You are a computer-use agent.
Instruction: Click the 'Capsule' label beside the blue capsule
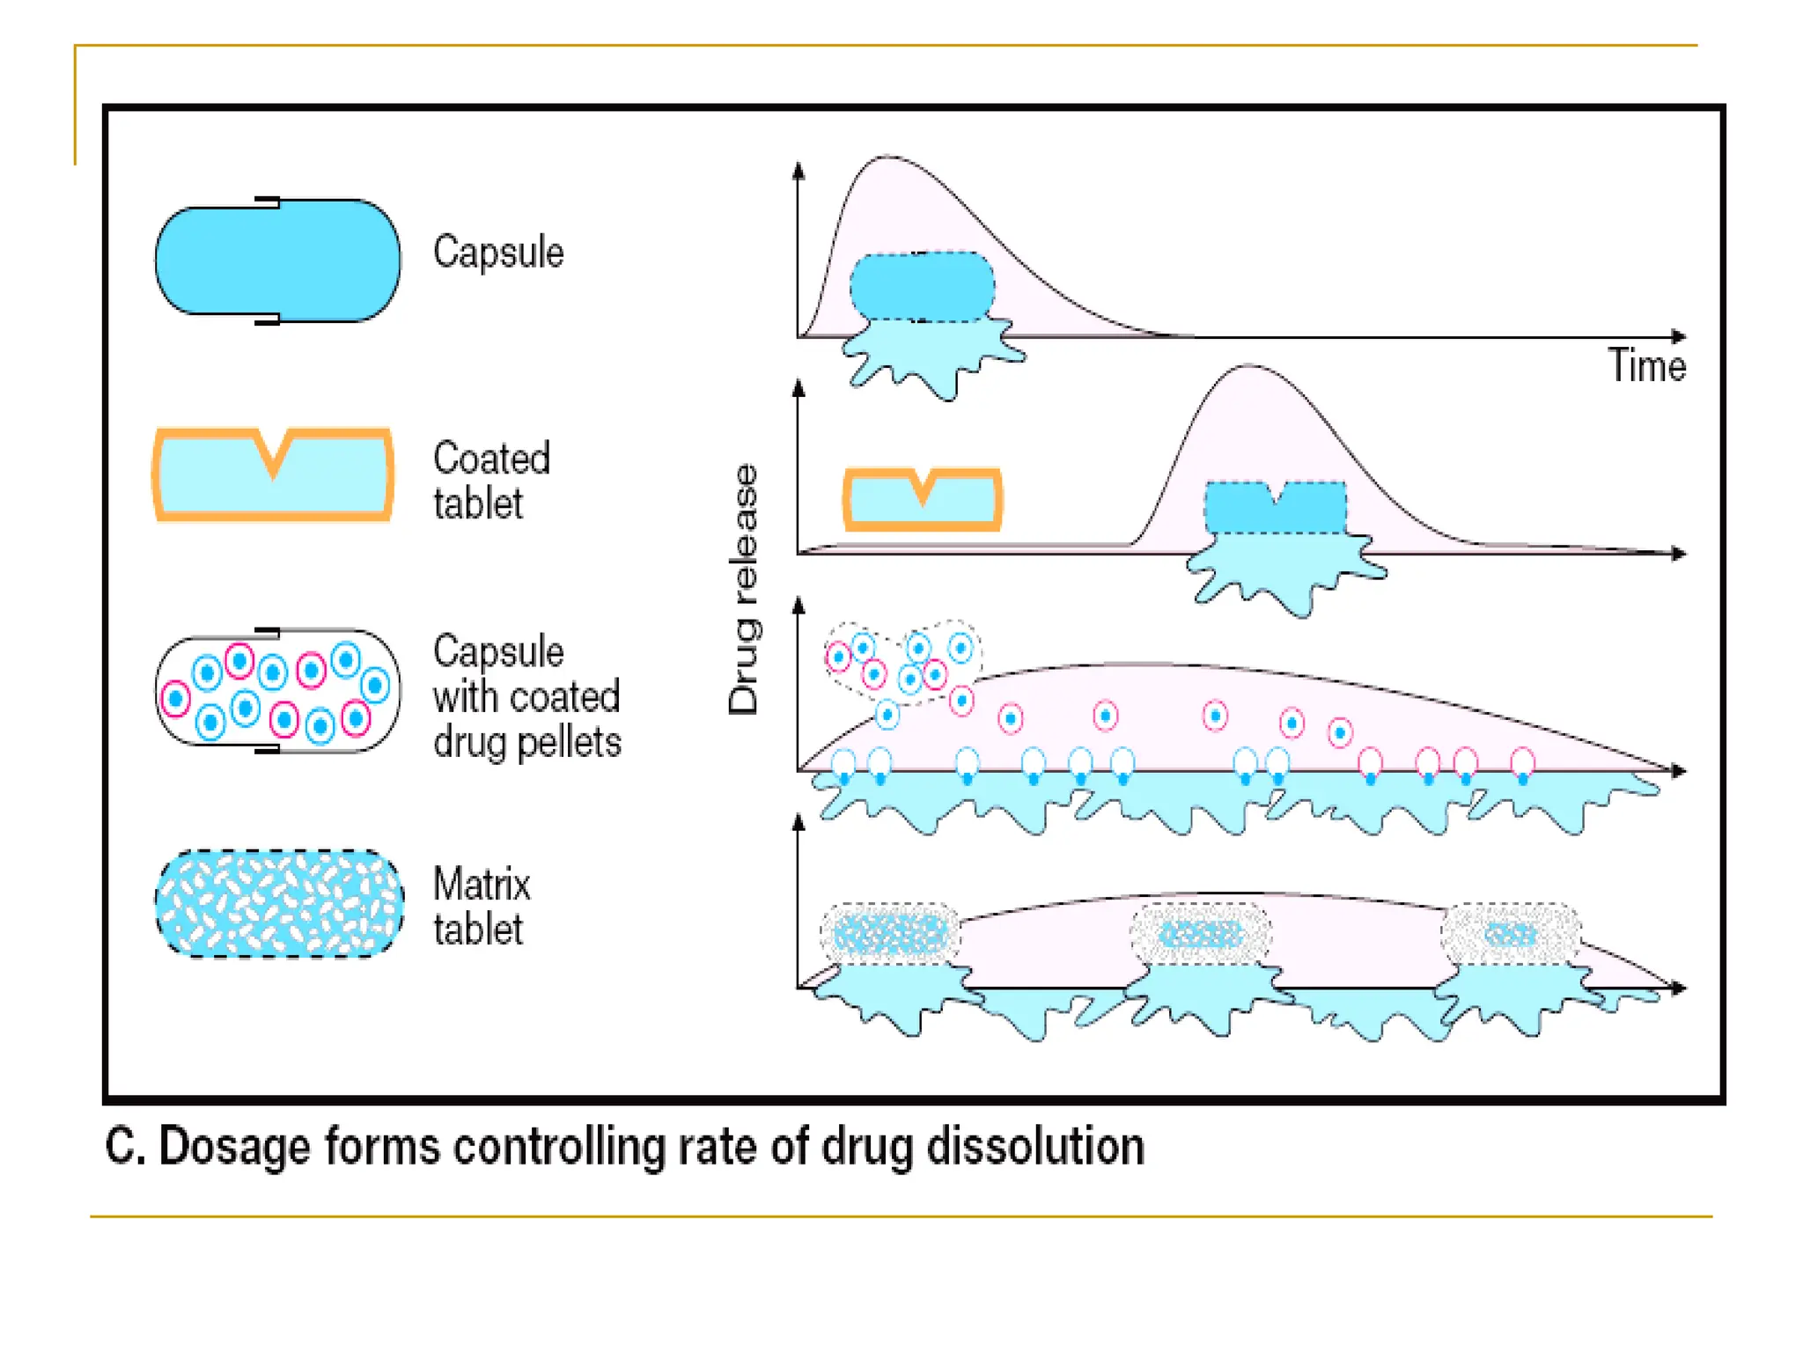point(498,253)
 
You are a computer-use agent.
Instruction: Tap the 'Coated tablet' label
point(491,481)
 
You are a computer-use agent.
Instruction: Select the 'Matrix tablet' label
point(482,907)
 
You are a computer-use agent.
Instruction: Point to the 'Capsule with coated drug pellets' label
point(526,696)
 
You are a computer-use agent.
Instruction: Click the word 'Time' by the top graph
point(1646,365)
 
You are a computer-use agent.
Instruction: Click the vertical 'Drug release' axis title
point(744,589)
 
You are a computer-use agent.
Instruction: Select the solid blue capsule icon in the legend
point(277,261)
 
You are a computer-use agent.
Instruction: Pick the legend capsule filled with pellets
point(277,692)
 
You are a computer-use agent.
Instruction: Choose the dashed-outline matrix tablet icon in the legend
point(279,904)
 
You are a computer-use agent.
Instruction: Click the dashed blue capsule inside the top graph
point(922,287)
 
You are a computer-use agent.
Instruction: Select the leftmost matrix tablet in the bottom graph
point(890,934)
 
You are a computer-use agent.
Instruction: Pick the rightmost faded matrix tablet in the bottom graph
point(1511,934)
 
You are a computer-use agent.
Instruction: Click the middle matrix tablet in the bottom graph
point(1201,934)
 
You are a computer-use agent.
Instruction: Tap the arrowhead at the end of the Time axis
point(1680,336)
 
